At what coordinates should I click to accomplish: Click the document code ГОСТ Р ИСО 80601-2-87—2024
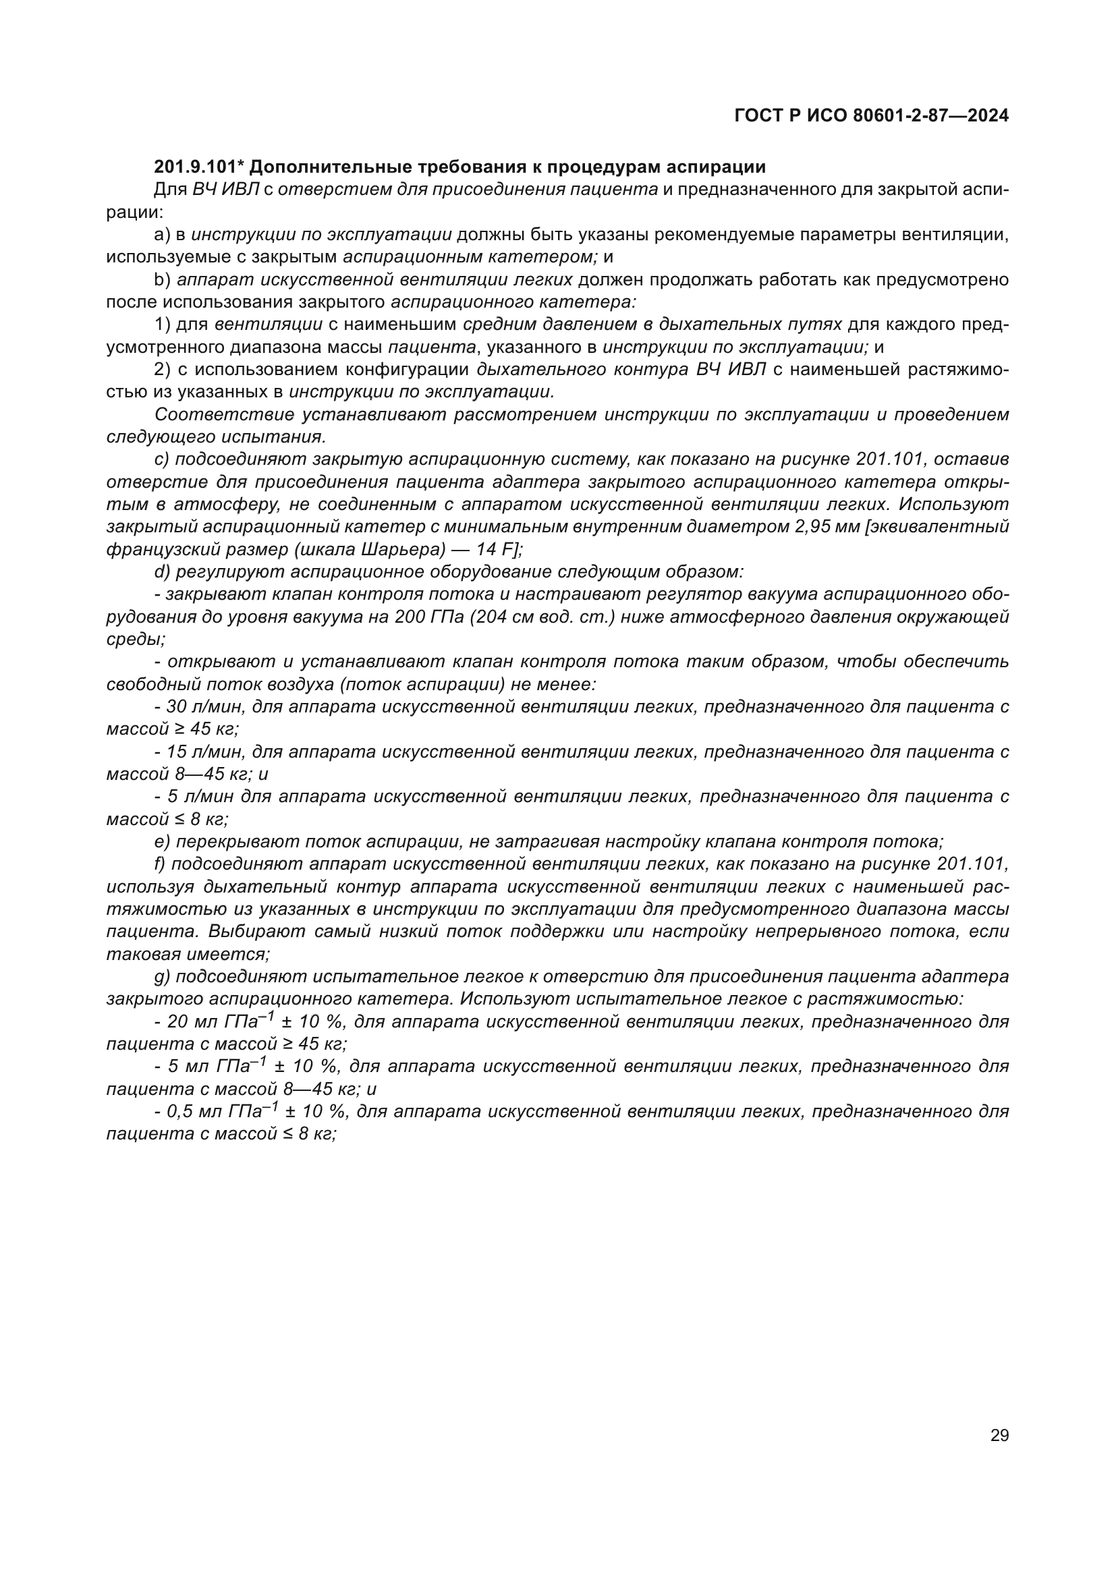tap(871, 115)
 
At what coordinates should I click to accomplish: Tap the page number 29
tap(999, 1435)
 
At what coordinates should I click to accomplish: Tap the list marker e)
tap(162, 842)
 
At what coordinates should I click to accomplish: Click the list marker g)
tap(162, 977)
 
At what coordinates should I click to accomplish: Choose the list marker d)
tap(162, 572)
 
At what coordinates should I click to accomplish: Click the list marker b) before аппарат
tap(162, 280)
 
